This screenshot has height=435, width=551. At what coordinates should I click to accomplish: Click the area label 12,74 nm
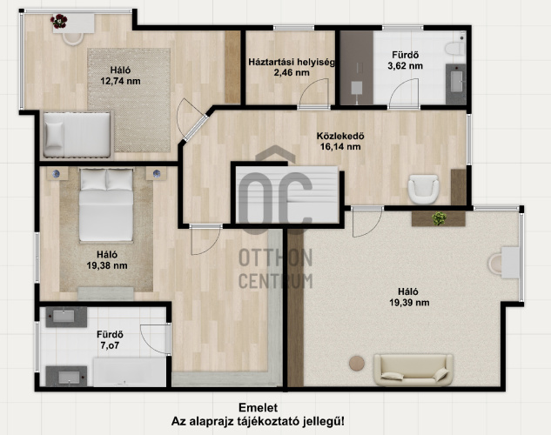point(120,81)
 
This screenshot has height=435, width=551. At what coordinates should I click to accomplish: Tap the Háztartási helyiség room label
point(292,62)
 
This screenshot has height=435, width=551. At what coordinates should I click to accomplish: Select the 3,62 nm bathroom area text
point(405,65)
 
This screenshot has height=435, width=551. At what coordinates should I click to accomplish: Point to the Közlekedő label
point(340,136)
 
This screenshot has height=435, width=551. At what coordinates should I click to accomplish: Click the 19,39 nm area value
point(409,302)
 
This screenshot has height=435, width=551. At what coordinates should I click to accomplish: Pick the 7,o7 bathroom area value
point(110,345)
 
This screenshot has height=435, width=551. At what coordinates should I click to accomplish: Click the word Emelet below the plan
point(258,408)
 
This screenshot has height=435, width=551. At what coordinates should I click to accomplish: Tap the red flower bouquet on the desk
point(58,21)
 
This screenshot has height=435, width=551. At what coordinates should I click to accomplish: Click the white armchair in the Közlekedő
point(423,189)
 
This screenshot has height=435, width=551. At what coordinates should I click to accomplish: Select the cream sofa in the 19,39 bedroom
point(413,370)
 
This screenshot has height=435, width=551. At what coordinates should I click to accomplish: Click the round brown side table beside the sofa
point(357,364)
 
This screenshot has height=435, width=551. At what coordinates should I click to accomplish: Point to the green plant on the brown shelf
point(440,218)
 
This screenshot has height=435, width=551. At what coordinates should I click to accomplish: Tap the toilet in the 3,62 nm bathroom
point(455,48)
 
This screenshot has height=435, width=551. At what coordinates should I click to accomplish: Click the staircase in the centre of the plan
point(286,194)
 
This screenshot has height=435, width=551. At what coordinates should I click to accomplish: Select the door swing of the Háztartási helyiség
point(313,92)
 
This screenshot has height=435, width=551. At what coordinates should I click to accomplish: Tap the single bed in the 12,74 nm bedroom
point(77,135)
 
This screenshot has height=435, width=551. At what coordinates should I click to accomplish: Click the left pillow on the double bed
point(93,179)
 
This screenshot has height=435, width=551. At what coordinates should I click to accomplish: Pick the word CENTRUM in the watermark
point(275,281)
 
